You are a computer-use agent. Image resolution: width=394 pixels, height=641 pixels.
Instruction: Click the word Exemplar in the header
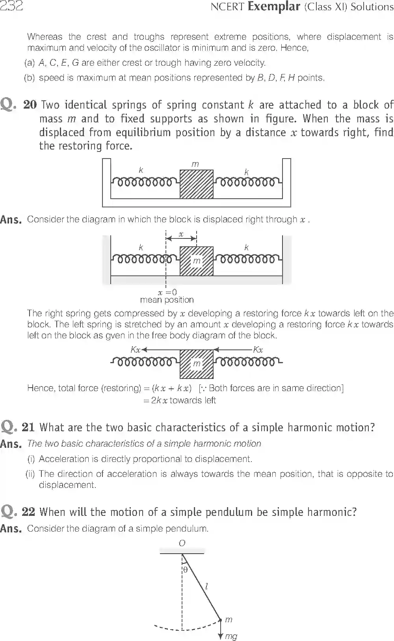pyautogui.click(x=274, y=6)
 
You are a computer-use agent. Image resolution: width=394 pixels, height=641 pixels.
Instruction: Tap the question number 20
pyautogui.click(x=30, y=105)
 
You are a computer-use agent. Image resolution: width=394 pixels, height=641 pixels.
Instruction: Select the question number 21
pyautogui.click(x=28, y=427)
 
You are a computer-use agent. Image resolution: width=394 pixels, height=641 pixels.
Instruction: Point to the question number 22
pyautogui.click(x=28, y=512)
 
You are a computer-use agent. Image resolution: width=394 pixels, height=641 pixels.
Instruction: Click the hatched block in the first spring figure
pyautogui.click(x=197, y=184)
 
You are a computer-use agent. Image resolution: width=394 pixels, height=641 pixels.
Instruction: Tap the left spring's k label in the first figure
pyautogui.click(x=141, y=170)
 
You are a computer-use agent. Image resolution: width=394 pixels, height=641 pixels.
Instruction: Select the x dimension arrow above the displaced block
pyautogui.click(x=181, y=238)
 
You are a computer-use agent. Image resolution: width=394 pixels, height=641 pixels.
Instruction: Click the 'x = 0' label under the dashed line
pyautogui.click(x=167, y=292)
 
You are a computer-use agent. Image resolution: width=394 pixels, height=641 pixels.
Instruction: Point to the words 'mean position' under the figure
pyautogui.click(x=167, y=300)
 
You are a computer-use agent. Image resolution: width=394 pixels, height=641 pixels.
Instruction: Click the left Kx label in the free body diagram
pyautogui.click(x=135, y=349)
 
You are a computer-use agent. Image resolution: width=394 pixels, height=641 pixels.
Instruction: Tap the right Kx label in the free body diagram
pyautogui.click(x=258, y=349)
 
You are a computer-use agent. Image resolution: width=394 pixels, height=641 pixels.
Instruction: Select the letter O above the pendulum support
pyautogui.click(x=182, y=543)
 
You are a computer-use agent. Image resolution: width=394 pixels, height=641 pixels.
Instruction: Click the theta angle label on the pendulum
pyautogui.click(x=185, y=569)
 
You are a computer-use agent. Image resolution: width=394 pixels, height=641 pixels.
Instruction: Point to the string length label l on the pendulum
pyautogui.click(x=206, y=587)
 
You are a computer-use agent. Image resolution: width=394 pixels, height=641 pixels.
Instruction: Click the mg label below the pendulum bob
pyautogui.click(x=231, y=636)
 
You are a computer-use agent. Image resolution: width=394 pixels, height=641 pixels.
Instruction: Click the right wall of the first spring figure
pyautogui.click(x=287, y=179)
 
